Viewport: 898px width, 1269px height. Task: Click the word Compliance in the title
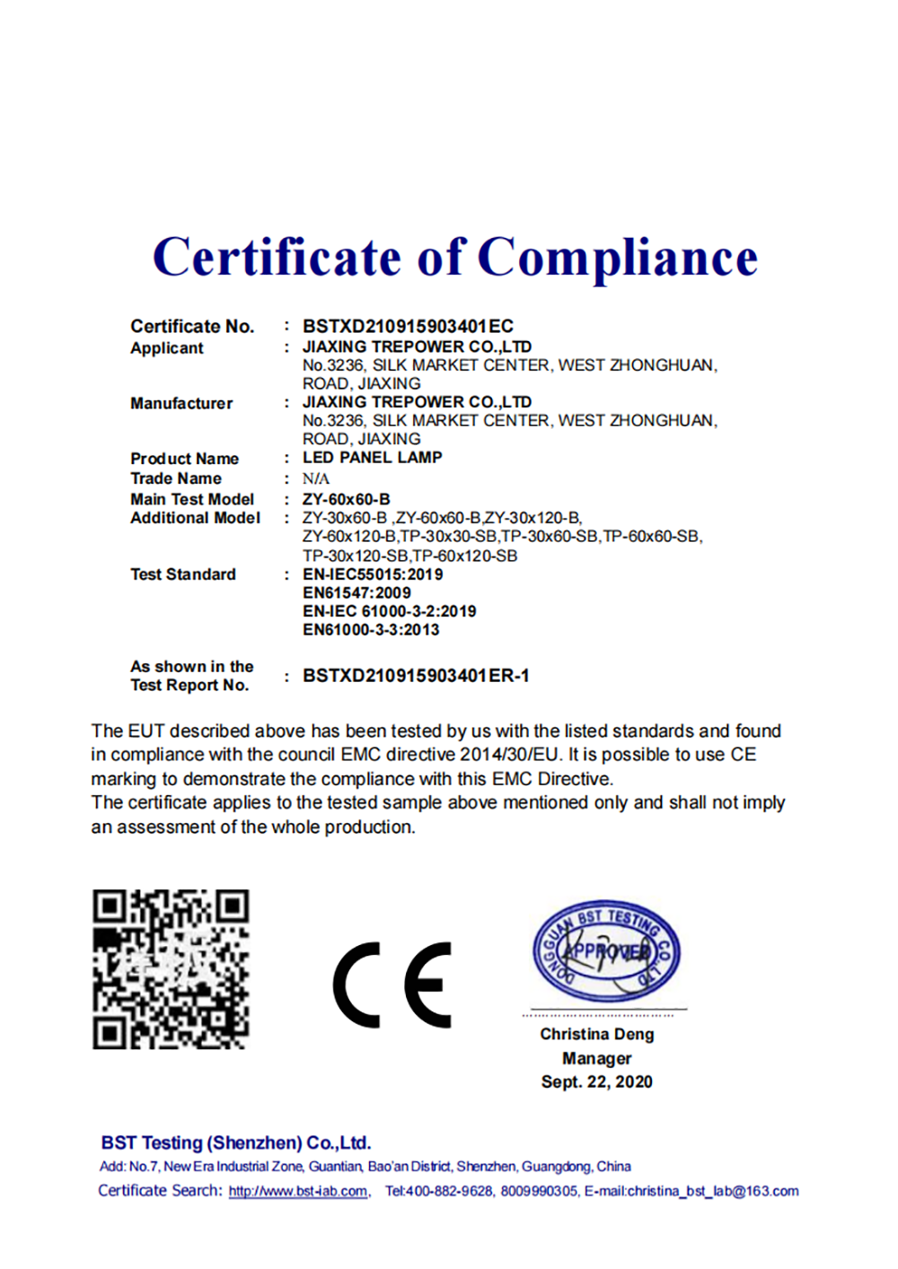tap(618, 258)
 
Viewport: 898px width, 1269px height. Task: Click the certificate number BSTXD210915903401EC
tap(408, 326)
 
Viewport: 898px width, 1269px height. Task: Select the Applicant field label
tap(167, 348)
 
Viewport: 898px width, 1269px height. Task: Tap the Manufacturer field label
tap(181, 404)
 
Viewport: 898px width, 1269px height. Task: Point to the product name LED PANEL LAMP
tap(372, 458)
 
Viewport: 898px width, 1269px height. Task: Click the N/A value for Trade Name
tap(316, 478)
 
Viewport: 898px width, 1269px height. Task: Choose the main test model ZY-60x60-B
tap(347, 499)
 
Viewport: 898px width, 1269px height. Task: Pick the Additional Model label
tap(195, 518)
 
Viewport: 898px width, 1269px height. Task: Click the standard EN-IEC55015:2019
tap(373, 574)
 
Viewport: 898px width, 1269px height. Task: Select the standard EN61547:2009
tap(357, 593)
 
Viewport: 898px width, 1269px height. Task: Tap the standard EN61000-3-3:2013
tap(371, 630)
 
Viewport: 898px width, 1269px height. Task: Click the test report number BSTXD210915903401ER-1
tap(416, 676)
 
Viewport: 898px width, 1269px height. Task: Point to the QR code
tap(171, 969)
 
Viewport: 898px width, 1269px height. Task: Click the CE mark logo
tap(392, 985)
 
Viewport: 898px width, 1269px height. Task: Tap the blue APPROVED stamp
tap(606, 951)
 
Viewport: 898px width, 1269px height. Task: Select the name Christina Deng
tap(597, 1034)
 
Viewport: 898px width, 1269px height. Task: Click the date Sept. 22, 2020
tap(597, 1082)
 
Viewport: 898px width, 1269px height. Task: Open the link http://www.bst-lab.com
tap(298, 1192)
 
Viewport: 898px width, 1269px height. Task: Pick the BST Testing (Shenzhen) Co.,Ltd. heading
tap(236, 1143)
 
